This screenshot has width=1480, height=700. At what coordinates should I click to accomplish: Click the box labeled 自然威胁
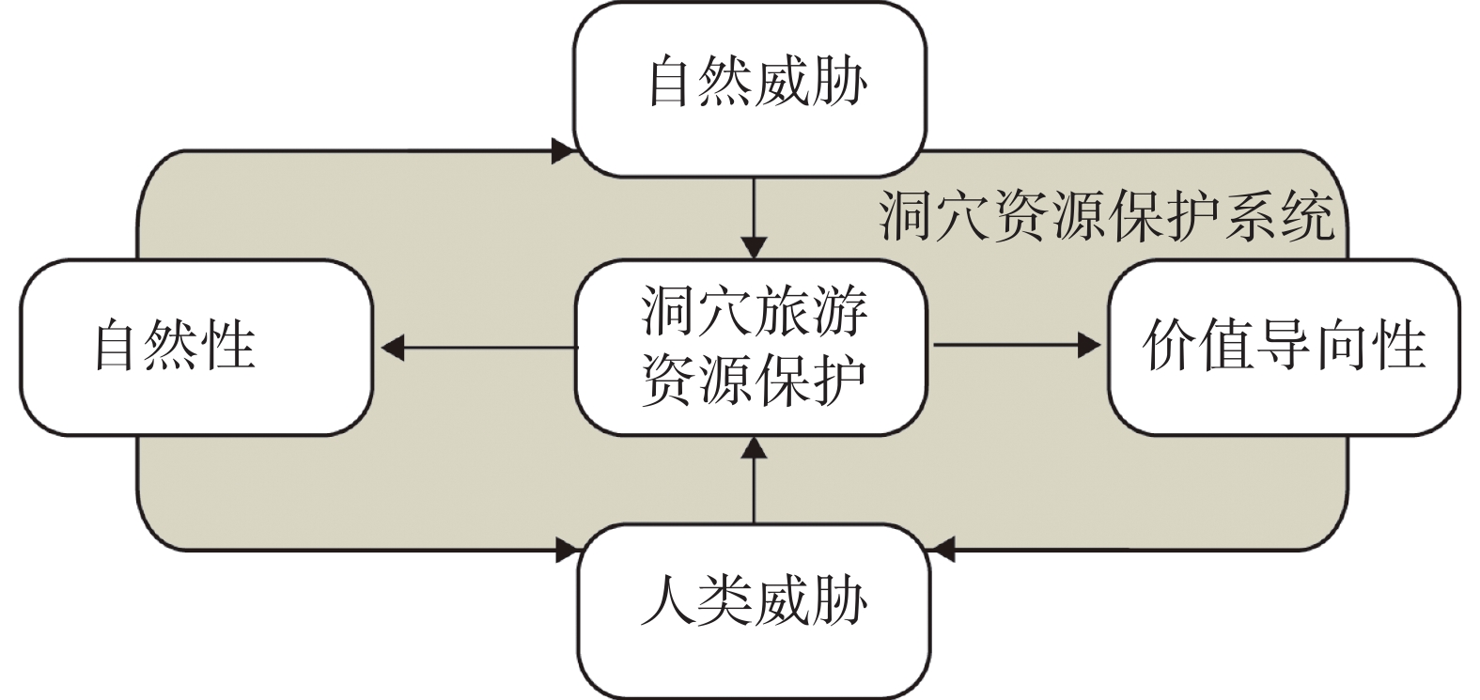750,89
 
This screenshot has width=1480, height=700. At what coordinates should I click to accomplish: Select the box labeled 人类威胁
754,611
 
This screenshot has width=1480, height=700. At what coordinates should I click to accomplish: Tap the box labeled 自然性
197,348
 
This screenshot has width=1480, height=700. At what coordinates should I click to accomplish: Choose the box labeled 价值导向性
1284,348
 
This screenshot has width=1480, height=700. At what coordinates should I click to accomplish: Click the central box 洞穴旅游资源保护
752,348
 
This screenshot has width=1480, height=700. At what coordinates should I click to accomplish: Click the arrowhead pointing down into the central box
754,248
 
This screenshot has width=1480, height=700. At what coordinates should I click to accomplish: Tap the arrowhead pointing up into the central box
754,448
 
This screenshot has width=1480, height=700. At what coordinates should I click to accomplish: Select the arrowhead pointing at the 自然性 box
393,348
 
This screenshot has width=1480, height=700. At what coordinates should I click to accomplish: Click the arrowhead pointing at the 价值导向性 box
1089,345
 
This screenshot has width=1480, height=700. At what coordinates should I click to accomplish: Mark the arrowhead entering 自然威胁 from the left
563,151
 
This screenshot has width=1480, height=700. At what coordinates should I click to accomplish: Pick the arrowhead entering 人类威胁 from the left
568,550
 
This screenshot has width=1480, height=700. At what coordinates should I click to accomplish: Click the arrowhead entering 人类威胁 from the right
943,550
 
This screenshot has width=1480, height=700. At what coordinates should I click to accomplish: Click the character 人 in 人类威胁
668,602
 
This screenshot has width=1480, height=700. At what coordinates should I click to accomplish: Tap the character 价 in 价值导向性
1170,345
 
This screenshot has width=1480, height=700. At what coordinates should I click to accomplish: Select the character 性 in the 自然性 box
230,345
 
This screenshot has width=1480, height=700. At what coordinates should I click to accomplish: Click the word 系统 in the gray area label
1279,217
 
